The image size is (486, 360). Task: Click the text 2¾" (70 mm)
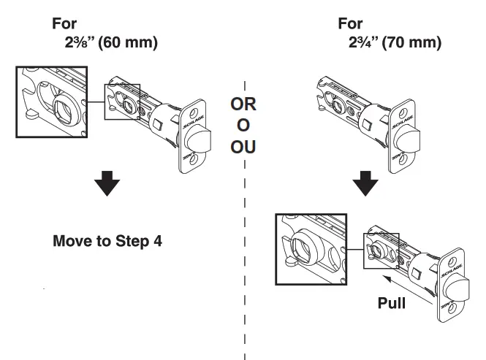(x=395, y=42)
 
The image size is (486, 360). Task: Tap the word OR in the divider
(x=243, y=105)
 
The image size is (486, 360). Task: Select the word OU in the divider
(x=243, y=148)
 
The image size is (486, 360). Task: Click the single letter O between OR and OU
(x=243, y=126)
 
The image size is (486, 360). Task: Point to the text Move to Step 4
(x=107, y=240)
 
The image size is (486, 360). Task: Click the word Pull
(x=392, y=302)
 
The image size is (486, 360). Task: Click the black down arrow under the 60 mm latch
(x=107, y=185)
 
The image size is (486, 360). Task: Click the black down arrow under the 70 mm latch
(x=365, y=184)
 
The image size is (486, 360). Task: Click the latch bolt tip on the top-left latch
(x=205, y=138)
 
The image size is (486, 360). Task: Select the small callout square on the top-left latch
(x=122, y=102)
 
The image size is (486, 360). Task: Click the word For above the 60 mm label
(x=64, y=23)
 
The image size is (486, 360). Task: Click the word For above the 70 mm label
(x=350, y=23)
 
